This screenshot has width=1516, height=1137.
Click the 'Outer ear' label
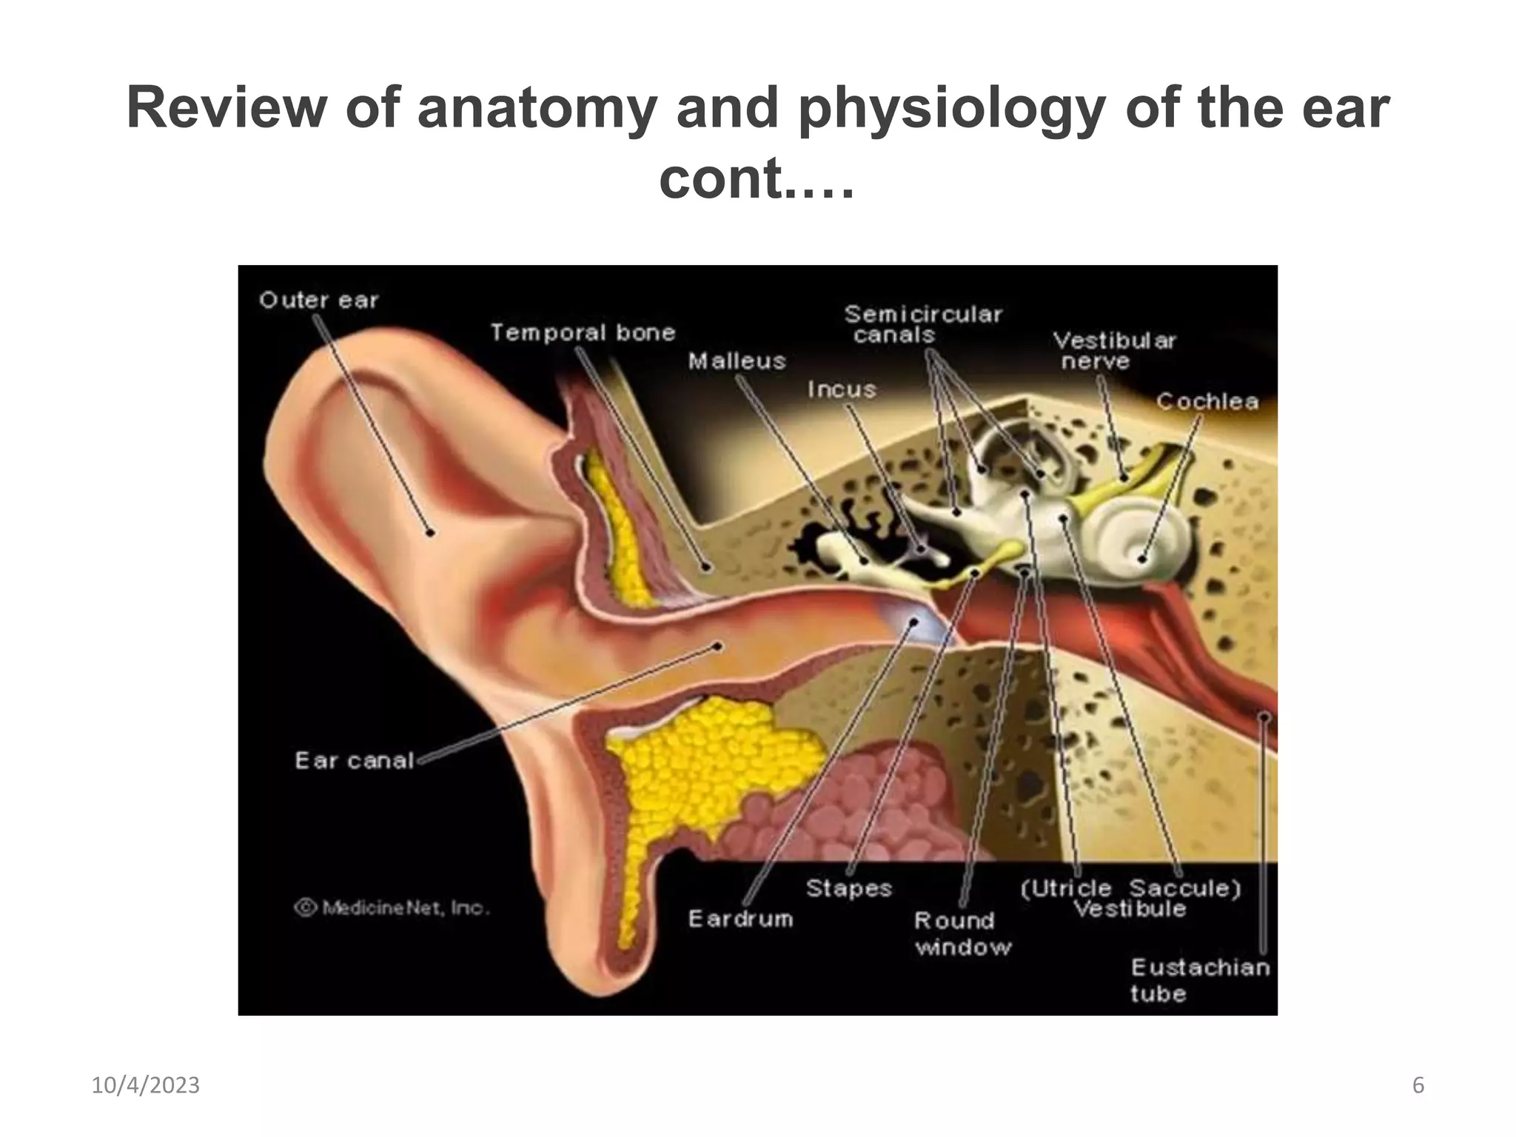pos(318,301)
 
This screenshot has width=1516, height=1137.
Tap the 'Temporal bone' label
pos(583,333)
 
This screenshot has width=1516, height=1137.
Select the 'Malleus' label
pos(737,361)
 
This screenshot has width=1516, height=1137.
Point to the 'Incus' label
pos(842,389)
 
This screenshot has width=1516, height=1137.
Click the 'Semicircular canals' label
pos(923,324)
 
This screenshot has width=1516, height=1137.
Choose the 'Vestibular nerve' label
pos(1114,351)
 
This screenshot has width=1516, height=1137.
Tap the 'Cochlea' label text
pos(1207,402)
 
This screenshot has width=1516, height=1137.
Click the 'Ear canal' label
pos(354,760)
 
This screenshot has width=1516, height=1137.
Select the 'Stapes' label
pos(848,888)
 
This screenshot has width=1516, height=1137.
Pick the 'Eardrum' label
pos(740,919)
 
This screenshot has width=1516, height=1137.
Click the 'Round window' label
pos(962,933)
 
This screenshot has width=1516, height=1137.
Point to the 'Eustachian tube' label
pos(1200,980)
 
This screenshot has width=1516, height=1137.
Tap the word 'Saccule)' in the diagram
pos(1184,888)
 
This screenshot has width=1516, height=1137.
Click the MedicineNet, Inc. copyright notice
pos(392,908)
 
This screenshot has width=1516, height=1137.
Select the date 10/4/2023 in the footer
pos(145,1085)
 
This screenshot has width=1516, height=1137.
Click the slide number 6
pos(1418,1085)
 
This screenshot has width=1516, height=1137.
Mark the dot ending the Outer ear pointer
pos(430,531)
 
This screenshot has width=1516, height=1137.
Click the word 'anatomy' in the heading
pos(537,108)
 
